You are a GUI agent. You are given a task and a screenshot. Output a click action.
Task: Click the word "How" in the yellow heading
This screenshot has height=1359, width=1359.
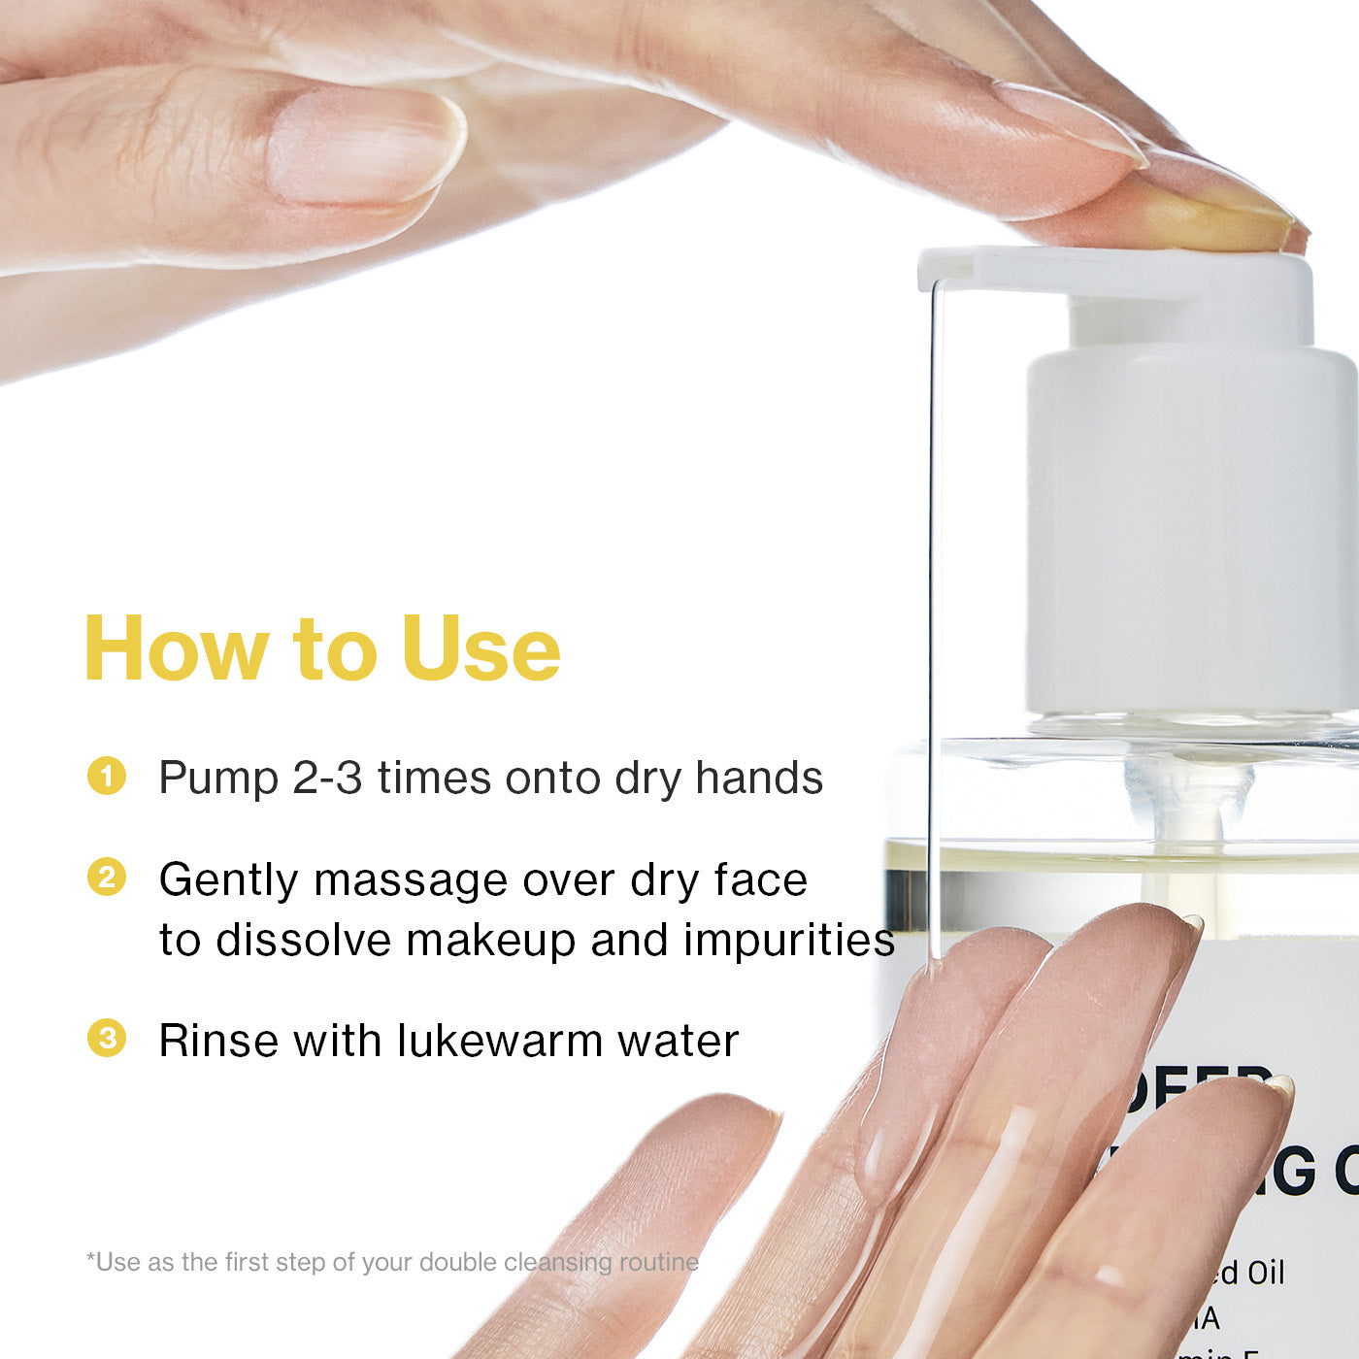(x=177, y=648)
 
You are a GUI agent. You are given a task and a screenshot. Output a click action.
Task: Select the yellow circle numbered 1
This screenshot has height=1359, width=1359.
(x=107, y=776)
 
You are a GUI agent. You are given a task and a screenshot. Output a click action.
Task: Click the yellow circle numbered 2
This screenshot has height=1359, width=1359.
(x=107, y=877)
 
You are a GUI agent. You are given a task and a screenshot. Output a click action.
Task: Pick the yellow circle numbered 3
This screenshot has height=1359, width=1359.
(x=107, y=1038)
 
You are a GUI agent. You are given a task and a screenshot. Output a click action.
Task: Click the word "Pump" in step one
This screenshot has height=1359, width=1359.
(x=218, y=779)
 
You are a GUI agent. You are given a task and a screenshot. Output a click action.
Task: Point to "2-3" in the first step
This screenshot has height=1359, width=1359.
(x=327, y=779)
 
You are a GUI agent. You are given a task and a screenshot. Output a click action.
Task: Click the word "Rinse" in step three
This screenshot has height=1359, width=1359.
(x=218, y=1041)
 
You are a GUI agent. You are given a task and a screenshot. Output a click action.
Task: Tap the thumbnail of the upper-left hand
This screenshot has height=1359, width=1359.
(x=364, y=150)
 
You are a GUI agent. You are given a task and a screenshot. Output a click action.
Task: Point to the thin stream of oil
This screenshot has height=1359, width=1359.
(x=932, y=602)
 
